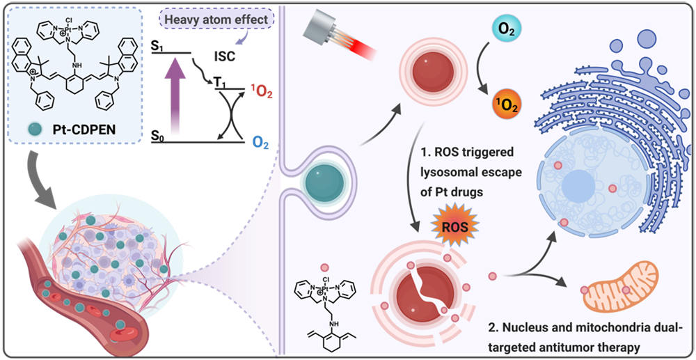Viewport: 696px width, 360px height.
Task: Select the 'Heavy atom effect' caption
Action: coord(216,19)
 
